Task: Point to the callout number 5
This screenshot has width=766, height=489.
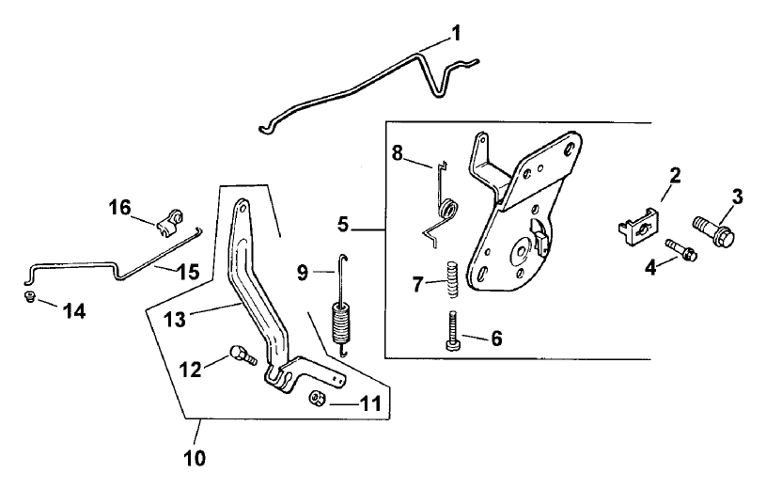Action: [x=343, y=225]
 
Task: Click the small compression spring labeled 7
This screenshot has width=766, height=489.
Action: [x=451, y=279]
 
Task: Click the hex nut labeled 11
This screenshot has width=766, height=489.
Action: [x=318, y=400]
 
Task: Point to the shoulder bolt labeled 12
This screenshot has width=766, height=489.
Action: [x=241, y=356]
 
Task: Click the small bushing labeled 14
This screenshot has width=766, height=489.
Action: [x=28, y=298]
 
